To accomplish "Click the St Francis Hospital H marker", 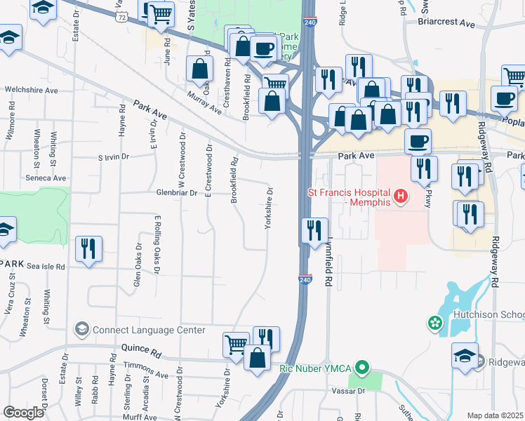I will tap(400, 195).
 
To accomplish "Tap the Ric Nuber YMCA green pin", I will tap(362, 368).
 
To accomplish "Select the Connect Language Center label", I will tap(148, 330).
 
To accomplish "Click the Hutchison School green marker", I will tap(436, 323).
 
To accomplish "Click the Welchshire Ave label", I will tap(31, 90).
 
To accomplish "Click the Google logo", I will tap(23, 413).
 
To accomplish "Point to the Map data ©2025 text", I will tap(494, 415).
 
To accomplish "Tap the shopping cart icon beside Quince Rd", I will tap(236, 344).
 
